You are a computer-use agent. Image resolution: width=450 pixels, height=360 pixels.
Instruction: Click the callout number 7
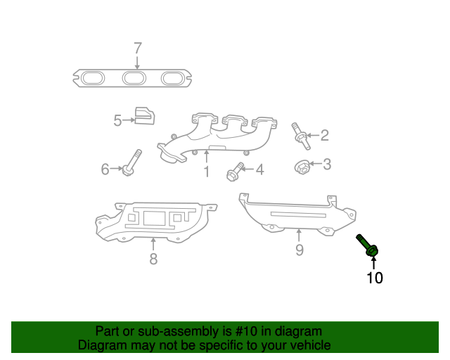[138, 49]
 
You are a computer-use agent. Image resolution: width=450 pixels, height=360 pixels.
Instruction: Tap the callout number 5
[117, 121]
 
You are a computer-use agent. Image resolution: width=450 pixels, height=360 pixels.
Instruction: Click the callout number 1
[207, 172]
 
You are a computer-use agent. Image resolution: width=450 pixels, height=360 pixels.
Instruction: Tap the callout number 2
[324, 135]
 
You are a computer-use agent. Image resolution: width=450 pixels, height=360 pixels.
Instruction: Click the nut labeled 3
[300, 167]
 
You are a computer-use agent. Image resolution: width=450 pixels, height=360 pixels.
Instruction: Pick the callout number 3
[326, 165]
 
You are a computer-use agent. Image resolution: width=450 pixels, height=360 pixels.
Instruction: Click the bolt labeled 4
[234, 171]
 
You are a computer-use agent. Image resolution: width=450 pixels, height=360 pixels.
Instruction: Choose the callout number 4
[259, 169]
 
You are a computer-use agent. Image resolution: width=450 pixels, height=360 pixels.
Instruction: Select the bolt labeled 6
[131, 163]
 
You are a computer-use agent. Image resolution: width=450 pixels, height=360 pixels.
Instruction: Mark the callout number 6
[105, 169]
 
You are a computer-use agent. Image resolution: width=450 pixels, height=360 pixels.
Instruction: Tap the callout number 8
[153, 259]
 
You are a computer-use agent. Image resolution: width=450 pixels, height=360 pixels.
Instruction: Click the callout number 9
[299, 250]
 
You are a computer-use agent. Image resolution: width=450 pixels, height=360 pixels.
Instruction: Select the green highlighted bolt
[369, 245]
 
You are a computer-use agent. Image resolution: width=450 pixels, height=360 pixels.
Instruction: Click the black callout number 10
[375, 278]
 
